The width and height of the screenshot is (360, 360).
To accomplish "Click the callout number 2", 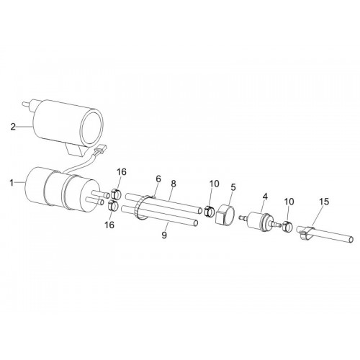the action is (x=13, y=127).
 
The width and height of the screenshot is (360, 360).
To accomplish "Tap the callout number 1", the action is (x=12, y=183).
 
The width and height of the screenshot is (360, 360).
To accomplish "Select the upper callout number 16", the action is (x=122, y=172).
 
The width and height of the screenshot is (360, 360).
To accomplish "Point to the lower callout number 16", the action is (x=109, y=225).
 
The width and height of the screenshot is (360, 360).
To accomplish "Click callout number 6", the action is (x=158, y=179).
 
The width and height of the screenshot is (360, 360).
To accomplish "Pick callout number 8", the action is (x=174, y=184).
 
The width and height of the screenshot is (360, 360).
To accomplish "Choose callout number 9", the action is (x=164, y=235).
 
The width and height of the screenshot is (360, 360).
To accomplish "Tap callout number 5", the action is (x=233, y=187).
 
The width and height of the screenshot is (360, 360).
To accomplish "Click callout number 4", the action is (x=265, y=197).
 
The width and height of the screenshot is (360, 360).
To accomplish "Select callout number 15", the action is (x=324, y=202).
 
